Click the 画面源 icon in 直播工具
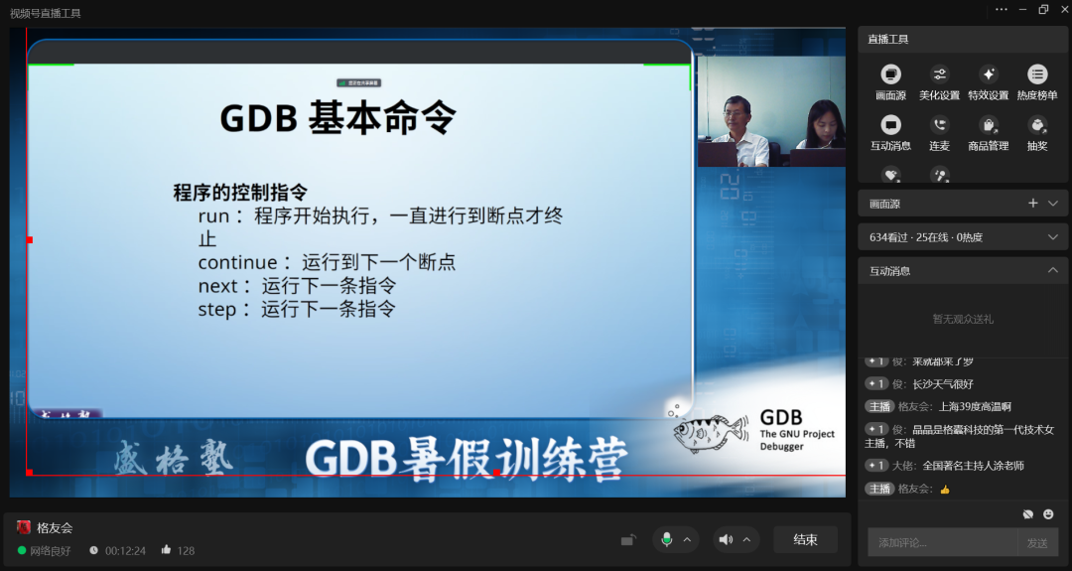coord(890,73)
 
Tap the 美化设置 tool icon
coord(939,73)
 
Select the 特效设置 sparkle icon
coord(988,73)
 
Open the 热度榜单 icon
coord(1037,73)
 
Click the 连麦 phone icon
coord(939,124)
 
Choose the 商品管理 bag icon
coord(988,124)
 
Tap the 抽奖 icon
coord(1037,124)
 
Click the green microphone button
coord(667,539)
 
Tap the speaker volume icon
coord(726,539)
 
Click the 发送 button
coord(1037,542)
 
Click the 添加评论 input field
coord(941,542)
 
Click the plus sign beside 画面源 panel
coord(1032,203)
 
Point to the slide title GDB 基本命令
coord(337,118)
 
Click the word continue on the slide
coord(237,262)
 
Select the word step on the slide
coord(216,309)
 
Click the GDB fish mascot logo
coord(711,431)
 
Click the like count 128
coord(186,550)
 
